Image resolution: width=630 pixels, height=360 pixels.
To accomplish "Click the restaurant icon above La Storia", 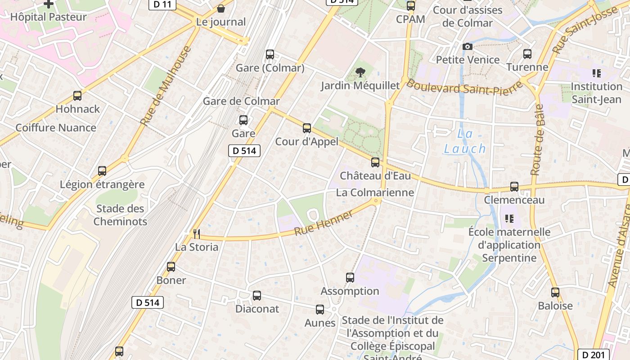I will coord(196,234).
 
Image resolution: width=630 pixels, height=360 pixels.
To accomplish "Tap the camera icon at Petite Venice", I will coord(468,46).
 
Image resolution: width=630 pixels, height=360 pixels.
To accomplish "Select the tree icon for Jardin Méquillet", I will coord(360,72).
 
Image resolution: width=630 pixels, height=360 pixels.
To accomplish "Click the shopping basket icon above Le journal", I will coord(221,9).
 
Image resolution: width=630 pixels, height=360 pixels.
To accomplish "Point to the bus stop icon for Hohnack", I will coord(77,96).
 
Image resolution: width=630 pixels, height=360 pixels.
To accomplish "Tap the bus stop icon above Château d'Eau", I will coord(375,162).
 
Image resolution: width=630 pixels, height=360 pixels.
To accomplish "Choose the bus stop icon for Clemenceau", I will coord(514,187).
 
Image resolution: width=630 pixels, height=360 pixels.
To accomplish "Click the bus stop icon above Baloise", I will coord(555,292).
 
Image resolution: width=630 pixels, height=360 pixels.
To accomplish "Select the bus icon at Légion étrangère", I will coord(102,171).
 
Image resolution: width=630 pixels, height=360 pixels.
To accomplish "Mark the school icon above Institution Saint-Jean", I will coord(597,73).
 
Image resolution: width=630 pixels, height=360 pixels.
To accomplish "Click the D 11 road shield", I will coord(162,4).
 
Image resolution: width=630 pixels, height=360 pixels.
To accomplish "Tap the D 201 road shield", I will coord(593,355).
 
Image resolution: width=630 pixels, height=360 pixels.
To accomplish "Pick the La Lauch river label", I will coord(465,141).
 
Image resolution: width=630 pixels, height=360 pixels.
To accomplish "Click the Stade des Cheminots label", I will coord(120,215).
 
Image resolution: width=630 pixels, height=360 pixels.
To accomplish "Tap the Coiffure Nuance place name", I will coord(56,128).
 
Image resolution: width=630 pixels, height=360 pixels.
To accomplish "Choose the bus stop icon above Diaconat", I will coord(256,296).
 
